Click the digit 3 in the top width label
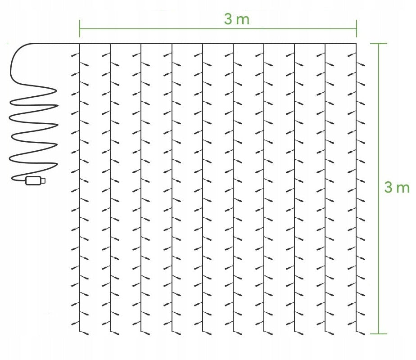(x=228, y=19)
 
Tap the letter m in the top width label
(x=243, y=20)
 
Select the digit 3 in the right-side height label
(x=389, y=187)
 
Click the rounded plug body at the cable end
(x=33, y=180)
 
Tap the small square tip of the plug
(x=43, y=180)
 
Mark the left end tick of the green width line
(x=80, y=29)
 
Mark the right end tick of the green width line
(x=357, y=29)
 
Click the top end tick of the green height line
(x=379, y=44)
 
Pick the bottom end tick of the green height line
(x=379, y=334)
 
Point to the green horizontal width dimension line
(x=218, y=29)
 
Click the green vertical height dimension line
(x=379, y=189)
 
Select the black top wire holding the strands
(x=218, y=44)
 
